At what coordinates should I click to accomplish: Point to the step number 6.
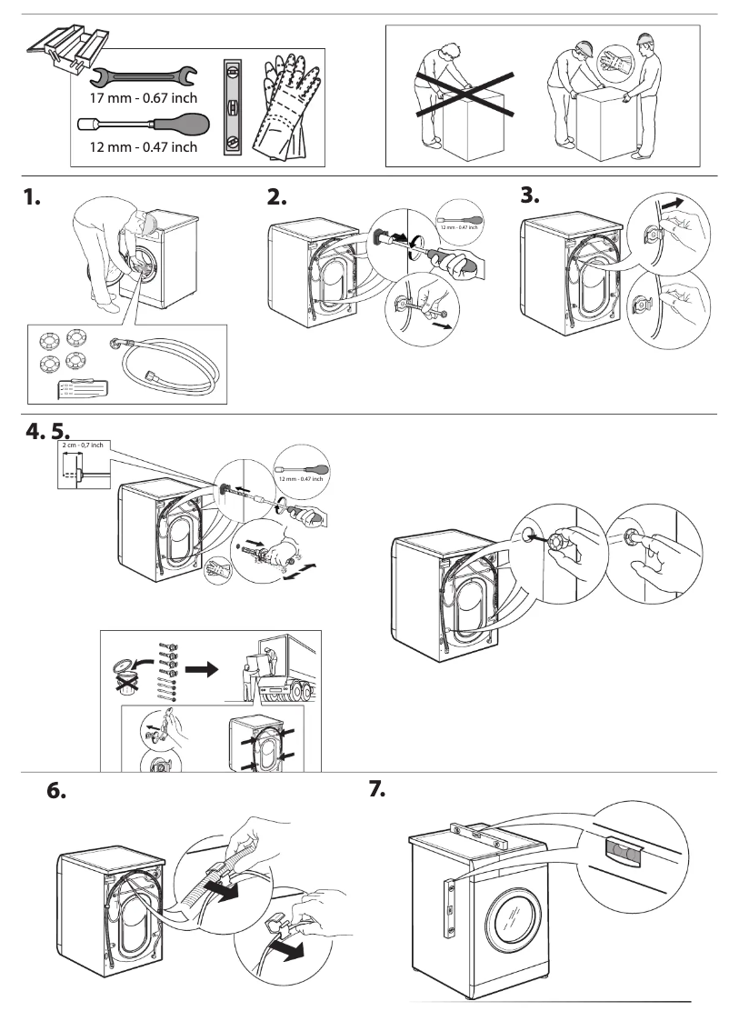(x=56, y=790)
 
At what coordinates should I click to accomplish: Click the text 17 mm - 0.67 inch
(x=144, y=97)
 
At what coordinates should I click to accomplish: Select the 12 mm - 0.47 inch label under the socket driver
(x=144, y=147)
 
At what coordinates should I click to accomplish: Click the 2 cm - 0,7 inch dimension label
(x=83, y=445)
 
